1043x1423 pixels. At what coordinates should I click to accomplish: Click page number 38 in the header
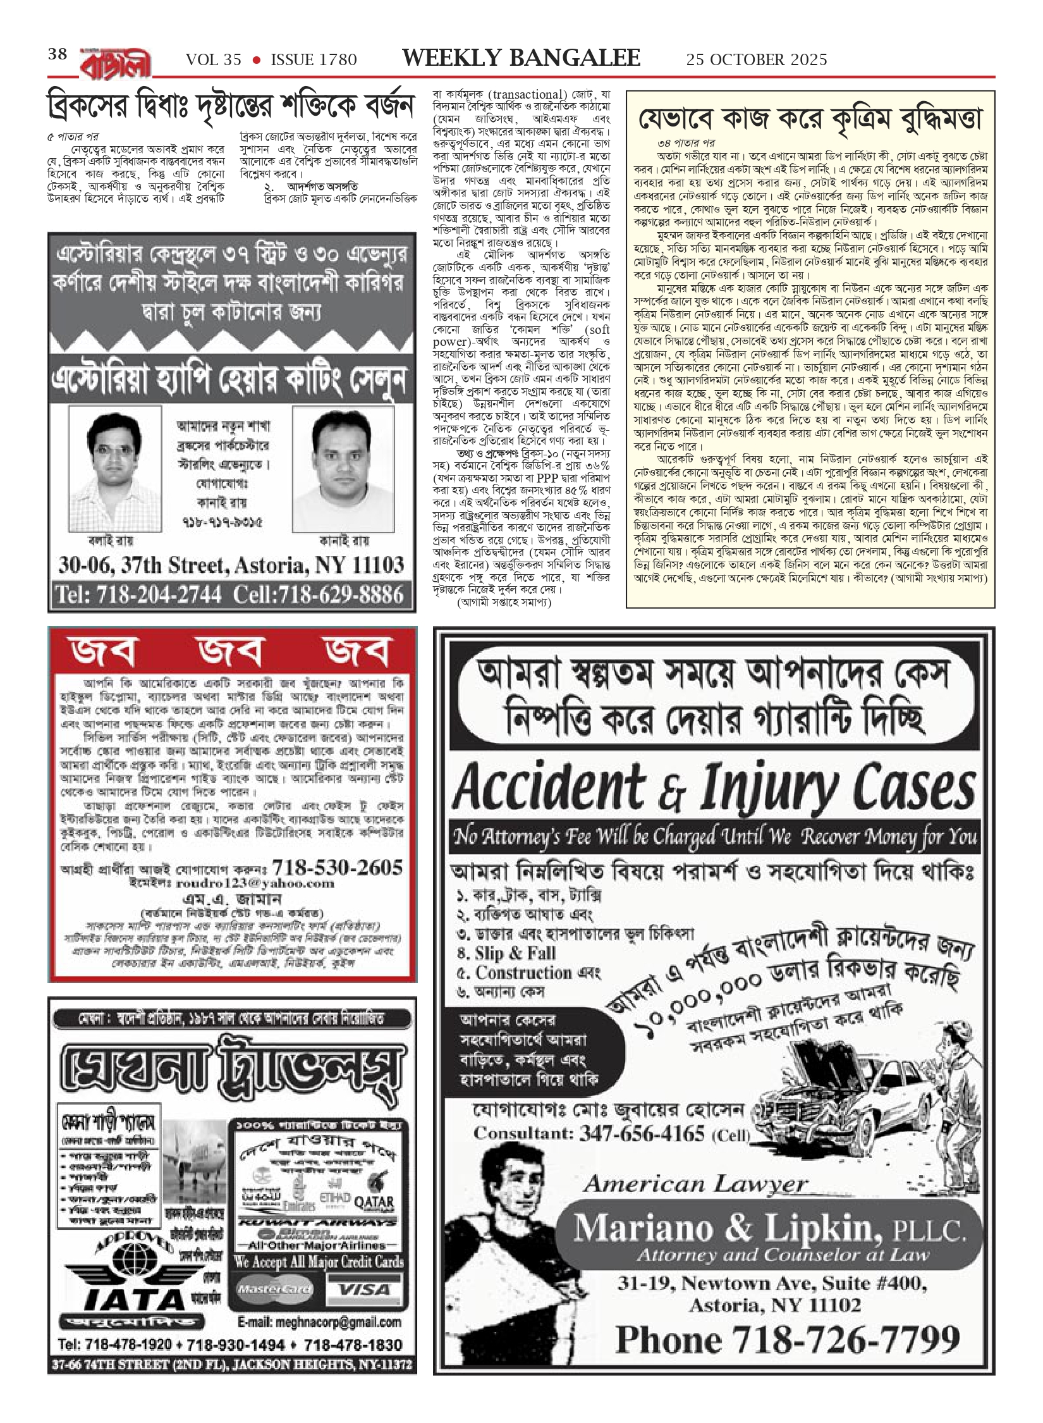tap(58, 54)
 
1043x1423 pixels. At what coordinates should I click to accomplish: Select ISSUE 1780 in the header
tap(314, 59)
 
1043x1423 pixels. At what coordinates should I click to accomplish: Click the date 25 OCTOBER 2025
tap(757, 59)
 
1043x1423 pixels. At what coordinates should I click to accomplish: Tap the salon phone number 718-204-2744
tap(138, 594)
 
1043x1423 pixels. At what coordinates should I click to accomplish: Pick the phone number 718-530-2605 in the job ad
tap(336, 867)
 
